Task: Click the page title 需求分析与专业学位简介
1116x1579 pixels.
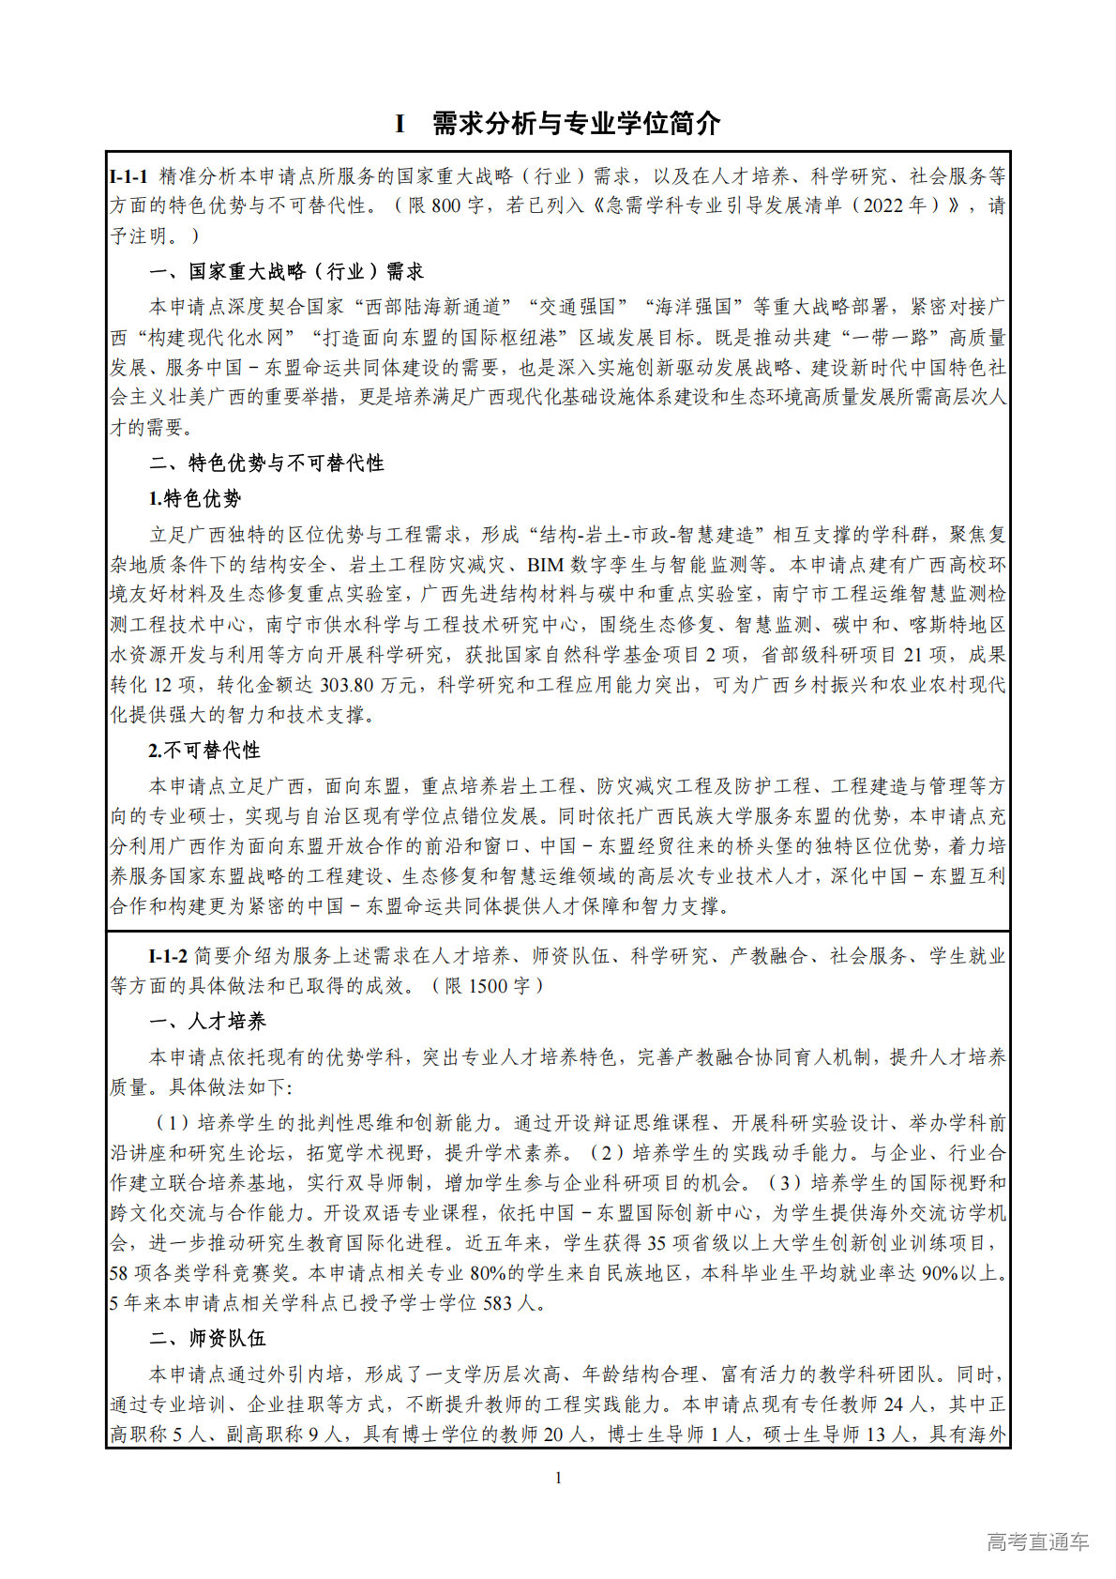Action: (x=575, y=123)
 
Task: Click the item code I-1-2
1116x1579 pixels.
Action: (x=168, y=956)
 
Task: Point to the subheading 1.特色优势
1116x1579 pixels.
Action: (x=195, y=499)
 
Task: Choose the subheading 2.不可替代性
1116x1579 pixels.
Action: (x=204, y=751)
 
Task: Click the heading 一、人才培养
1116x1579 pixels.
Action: (x=207, y=1022)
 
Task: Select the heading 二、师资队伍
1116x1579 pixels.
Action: (x=207, y=1339)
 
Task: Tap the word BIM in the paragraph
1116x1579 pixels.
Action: (x=545, y=565)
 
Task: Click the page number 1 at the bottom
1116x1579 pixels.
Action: (x=559, y=1479)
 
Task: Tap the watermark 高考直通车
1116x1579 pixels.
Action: (x=1037, y=1541)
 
